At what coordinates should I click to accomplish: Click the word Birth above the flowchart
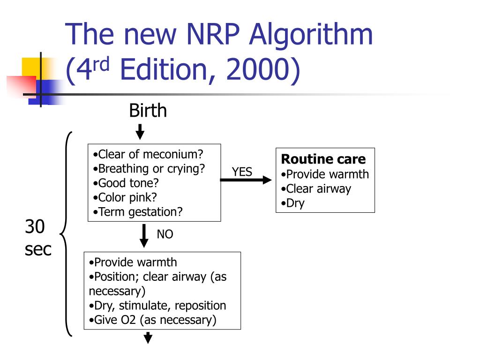point(148,111)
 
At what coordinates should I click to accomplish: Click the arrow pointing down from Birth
point(140,132)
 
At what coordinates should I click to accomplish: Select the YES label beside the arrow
point(242,172)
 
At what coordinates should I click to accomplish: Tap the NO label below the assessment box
point(165,234)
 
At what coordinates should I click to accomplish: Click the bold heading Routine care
point(323,159)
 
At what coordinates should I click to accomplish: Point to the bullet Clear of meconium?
point(148,154)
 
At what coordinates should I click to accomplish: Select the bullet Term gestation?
point(137,212)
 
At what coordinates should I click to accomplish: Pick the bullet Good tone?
point(126,183)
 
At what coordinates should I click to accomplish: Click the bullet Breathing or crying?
point(149,169)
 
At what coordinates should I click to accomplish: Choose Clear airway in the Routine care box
point(316,189)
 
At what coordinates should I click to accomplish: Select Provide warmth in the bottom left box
point(133,262)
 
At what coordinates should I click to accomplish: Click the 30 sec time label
point(37,238)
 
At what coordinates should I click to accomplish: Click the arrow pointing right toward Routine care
point(246,180)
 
